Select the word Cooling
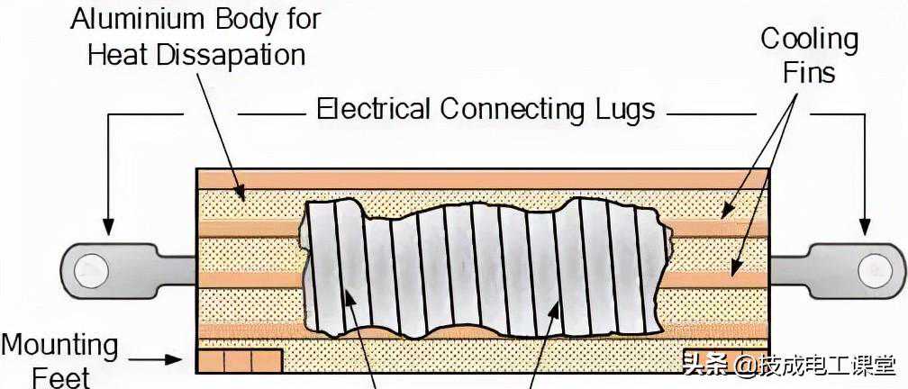[x=809, y=39]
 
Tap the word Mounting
[x=59, y=345]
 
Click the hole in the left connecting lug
[x=91, y=269]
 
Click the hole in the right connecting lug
[x=875, y=269]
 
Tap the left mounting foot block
[x=239, y=360]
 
